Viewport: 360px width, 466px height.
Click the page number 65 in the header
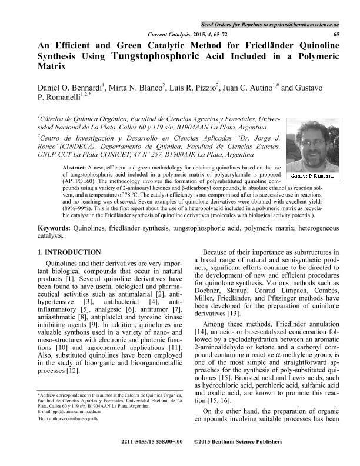336,35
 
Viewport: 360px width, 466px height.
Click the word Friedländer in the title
256,46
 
